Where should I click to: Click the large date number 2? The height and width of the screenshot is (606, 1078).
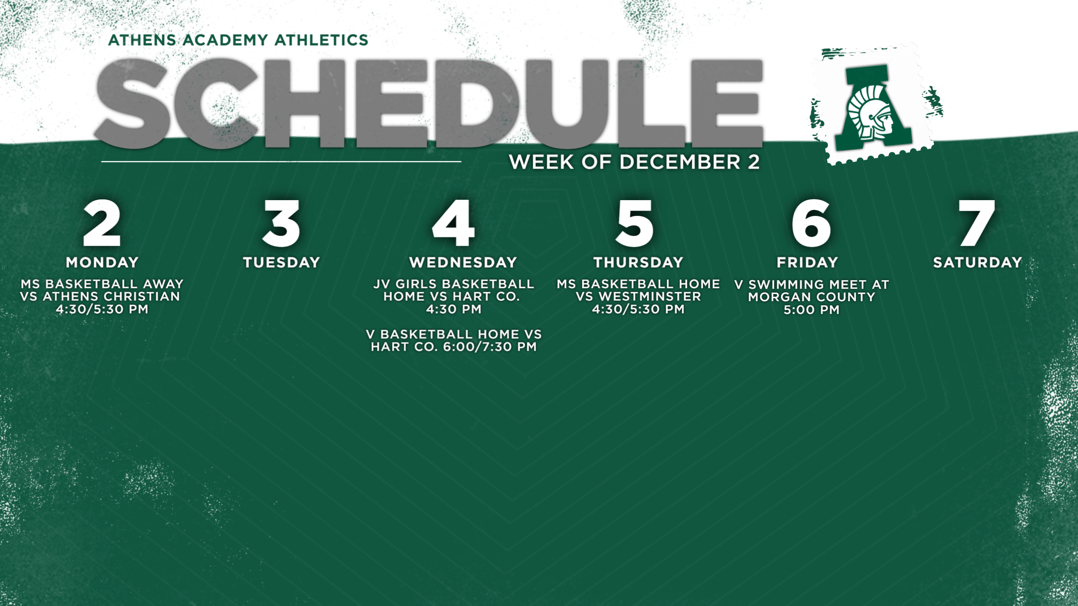(102, 223)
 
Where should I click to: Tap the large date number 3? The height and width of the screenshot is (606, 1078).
(281, 223)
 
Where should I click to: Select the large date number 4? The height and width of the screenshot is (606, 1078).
(454, 223)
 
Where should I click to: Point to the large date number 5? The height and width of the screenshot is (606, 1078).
(635, 223)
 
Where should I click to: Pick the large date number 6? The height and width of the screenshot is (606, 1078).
(811, 223)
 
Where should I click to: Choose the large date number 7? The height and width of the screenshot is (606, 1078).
(977, 223)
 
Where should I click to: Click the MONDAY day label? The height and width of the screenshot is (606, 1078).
(102, 262)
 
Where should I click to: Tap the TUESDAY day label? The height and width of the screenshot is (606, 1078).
(281, 262)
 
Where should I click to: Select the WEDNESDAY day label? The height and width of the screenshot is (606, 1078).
(463, 262)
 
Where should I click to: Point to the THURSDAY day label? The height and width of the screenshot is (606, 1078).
(638, 262)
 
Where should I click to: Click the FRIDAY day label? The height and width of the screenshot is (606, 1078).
(807, 262)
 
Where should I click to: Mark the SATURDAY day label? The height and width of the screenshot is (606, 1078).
(978, 262)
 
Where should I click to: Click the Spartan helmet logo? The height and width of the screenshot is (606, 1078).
(873, 107)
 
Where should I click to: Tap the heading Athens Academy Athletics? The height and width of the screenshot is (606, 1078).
(238, 40)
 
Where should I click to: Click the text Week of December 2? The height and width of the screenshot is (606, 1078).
(634, 162)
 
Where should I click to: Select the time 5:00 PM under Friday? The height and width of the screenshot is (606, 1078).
(811, 310)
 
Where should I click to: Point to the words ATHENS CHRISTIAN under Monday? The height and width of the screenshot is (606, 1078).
(111, 297)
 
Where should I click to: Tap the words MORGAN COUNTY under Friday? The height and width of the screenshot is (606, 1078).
(811, 297)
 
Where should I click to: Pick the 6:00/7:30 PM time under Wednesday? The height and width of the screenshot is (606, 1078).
(490, 347)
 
